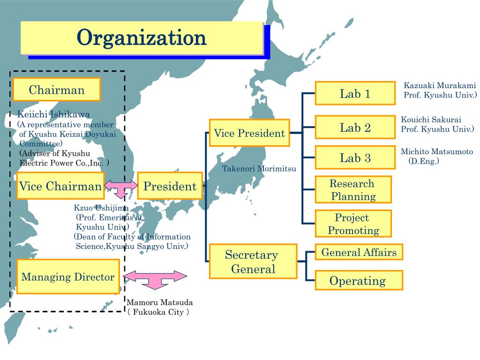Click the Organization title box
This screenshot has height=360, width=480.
coord(141,37)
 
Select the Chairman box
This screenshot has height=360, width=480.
coord(57,90)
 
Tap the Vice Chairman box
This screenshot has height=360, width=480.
coord(60,186)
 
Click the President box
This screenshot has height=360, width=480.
coord(170,186)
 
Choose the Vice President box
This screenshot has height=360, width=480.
coord(249,133)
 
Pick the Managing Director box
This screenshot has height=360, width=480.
coord(68,277)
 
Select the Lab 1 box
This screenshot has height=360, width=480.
coord(355,93)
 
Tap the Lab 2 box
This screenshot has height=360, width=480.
coord(355,127)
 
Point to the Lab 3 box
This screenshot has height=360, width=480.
coord(355,157)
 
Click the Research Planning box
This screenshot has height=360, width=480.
coord(353,190)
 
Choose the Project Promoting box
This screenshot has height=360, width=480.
coord(353,224)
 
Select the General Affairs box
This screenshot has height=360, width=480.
coord(359,253)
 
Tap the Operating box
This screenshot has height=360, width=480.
coord(359,281)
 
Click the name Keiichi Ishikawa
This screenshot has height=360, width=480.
coord(53,114)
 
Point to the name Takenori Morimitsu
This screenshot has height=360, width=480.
coord(259,168)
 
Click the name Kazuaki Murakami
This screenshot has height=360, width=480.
coord(440,85)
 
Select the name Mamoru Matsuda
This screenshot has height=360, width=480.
coord(160,302)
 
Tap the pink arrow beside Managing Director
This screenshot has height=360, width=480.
coord(155,278)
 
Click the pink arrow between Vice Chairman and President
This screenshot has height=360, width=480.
coord(121,187)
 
